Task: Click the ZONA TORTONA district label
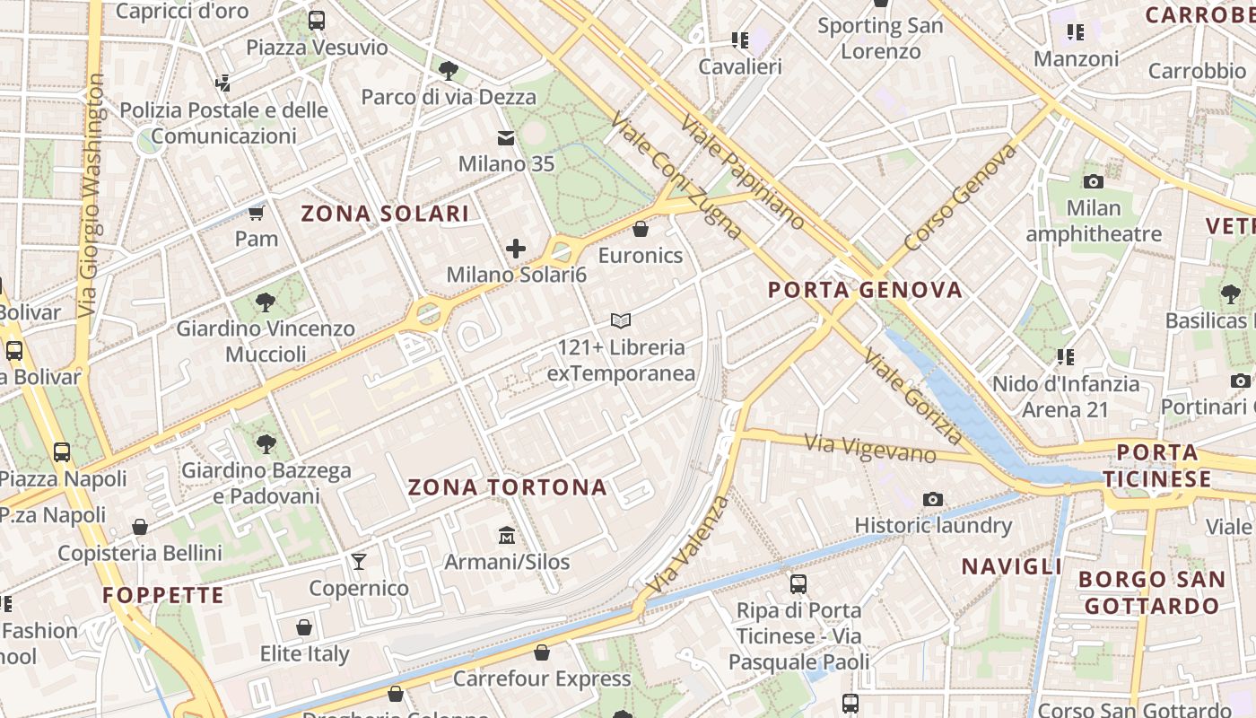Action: (508, 487)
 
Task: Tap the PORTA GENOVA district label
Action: (866, 289)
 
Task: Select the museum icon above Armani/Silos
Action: (507, 536)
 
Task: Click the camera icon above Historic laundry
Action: (933, 499)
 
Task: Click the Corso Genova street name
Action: (960, 197)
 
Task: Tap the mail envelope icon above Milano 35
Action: (506, 138)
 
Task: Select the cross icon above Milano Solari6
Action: (516, 249)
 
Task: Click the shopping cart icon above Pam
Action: (257, 213)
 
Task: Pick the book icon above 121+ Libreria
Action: (621, 320)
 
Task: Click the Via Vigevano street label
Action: (870, 447)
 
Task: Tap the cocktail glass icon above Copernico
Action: (359, 562)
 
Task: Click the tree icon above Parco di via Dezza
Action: (448, 70)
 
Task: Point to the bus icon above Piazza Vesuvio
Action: (317, 21)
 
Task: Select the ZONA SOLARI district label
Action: (385, 214)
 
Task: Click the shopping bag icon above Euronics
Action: (641, 229)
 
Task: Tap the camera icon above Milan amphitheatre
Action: (1093, 181)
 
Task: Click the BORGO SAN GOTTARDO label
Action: (1152, 592)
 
